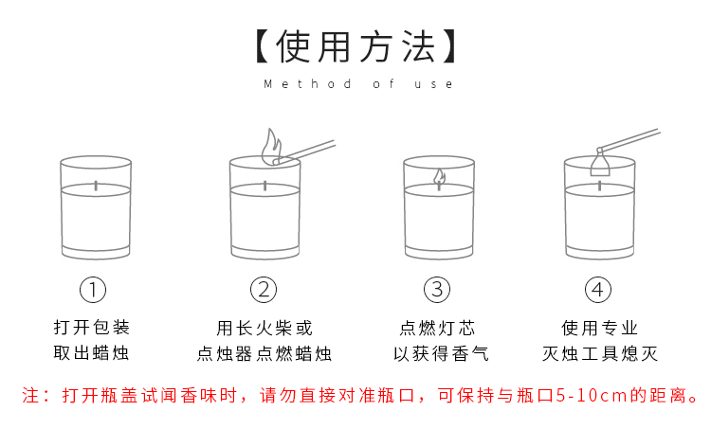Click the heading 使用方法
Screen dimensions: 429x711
click(355, 45)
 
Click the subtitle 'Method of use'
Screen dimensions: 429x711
click(358, 84)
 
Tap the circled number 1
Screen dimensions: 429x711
click(93, 289)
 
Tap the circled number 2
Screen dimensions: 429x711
click(264, 289)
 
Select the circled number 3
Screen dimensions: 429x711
click(436, 289)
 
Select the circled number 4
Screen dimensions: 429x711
click(597, 289)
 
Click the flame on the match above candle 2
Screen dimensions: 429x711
click(271, 147)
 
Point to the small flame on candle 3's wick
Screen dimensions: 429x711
click(439, 176)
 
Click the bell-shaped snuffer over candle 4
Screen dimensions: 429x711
click(599, 166)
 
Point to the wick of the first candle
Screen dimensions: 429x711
click(95, 183)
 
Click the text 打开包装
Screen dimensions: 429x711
click(92, 329)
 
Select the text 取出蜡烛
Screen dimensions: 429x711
click(92, 355)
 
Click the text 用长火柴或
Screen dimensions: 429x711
click(264, 329)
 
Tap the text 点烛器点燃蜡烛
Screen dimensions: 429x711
click(264, 355)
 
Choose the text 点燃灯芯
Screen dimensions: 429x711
click(437, 329)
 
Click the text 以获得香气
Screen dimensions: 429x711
click(437, 355)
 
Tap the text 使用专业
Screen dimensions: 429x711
click(599, 329)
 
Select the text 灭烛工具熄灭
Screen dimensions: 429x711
click(599, 355)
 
